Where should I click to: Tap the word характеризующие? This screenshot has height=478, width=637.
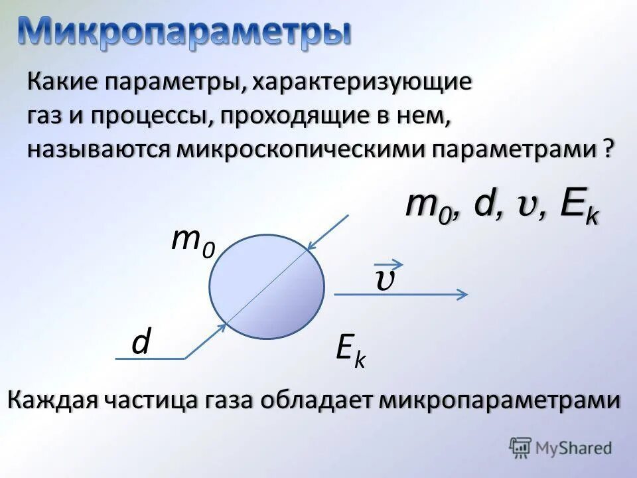[362, 84]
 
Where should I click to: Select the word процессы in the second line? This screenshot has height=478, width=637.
[149, 117]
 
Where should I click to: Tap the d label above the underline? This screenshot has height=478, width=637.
[141, 343]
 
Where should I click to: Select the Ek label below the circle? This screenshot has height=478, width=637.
[350, 349]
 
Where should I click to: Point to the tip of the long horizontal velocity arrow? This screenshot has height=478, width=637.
[466, 294]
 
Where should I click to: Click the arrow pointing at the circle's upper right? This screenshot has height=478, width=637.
[328, 232]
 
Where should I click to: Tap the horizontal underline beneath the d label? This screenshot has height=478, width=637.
[150, 358]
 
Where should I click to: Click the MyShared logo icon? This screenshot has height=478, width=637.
[521, 447]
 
